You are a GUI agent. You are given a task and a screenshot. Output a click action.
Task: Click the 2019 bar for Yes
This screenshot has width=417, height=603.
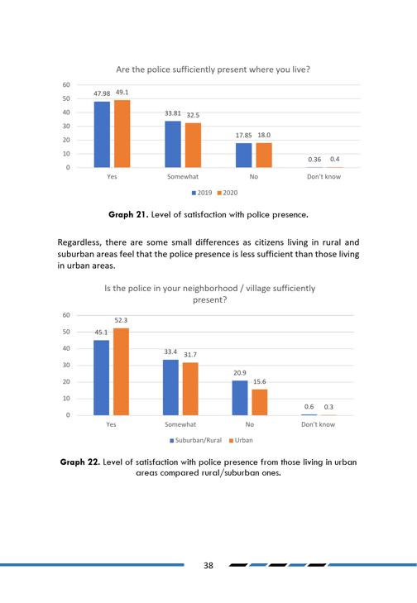[x=102, y=135]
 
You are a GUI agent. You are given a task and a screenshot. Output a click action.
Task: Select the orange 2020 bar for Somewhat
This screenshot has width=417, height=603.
[x=193, y=146]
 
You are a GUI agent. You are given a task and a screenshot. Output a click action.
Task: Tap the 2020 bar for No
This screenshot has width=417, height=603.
[x=264, y=156]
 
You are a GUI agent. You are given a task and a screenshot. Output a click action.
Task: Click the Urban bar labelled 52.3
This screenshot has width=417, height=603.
[x=121, y=372]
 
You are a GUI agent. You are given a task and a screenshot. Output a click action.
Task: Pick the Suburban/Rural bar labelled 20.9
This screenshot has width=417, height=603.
[x=240, y=398]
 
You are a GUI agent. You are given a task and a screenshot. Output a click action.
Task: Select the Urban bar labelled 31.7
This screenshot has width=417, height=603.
[x=190, y=389]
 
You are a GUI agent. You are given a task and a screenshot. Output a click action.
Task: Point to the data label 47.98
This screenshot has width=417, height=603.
[x=102, y=93]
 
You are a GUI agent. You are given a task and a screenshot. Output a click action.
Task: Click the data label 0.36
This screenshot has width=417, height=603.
[x=314, y=159]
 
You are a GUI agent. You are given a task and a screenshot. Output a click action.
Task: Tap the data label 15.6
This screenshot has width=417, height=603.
[x=260, y=381]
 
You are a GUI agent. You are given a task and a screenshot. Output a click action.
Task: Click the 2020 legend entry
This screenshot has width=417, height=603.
[x=228, y=193]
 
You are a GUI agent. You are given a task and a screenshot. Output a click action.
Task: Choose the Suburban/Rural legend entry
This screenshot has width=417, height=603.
[x=196, y=440]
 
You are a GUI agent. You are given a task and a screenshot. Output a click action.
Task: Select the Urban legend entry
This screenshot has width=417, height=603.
[x=241, y=440]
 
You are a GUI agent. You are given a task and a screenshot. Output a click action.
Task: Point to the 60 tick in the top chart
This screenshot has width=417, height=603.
[x=66, y=84]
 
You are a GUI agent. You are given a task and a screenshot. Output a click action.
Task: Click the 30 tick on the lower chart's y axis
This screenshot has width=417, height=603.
[x=66, y=365]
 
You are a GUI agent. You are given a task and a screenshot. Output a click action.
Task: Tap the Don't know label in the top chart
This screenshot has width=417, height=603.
[x=324, y=176]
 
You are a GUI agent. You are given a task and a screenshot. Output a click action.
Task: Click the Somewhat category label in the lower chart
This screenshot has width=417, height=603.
[x=180, y=424]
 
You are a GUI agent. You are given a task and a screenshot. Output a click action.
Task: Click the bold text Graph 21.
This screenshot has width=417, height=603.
[x=128, y=214]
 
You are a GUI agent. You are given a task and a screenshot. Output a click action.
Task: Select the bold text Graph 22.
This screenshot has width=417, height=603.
[x=80, y=462]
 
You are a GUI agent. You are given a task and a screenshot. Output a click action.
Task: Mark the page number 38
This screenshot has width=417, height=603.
[x=208, y=565]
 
